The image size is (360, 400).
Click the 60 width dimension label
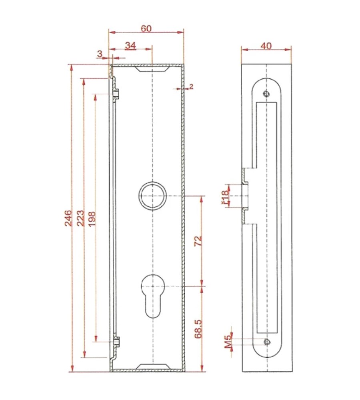pos(146,28)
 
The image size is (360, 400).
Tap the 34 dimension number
pos(130,46)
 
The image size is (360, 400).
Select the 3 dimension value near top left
pos(100,54)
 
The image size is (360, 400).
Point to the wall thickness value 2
pos(191,86)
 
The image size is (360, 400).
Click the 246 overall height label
pos(68,218)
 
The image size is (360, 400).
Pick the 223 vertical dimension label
pos(80,218)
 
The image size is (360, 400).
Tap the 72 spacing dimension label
pos(198,240)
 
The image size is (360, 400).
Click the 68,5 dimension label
pos(198,329)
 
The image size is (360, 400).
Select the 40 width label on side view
pos(266,46)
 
